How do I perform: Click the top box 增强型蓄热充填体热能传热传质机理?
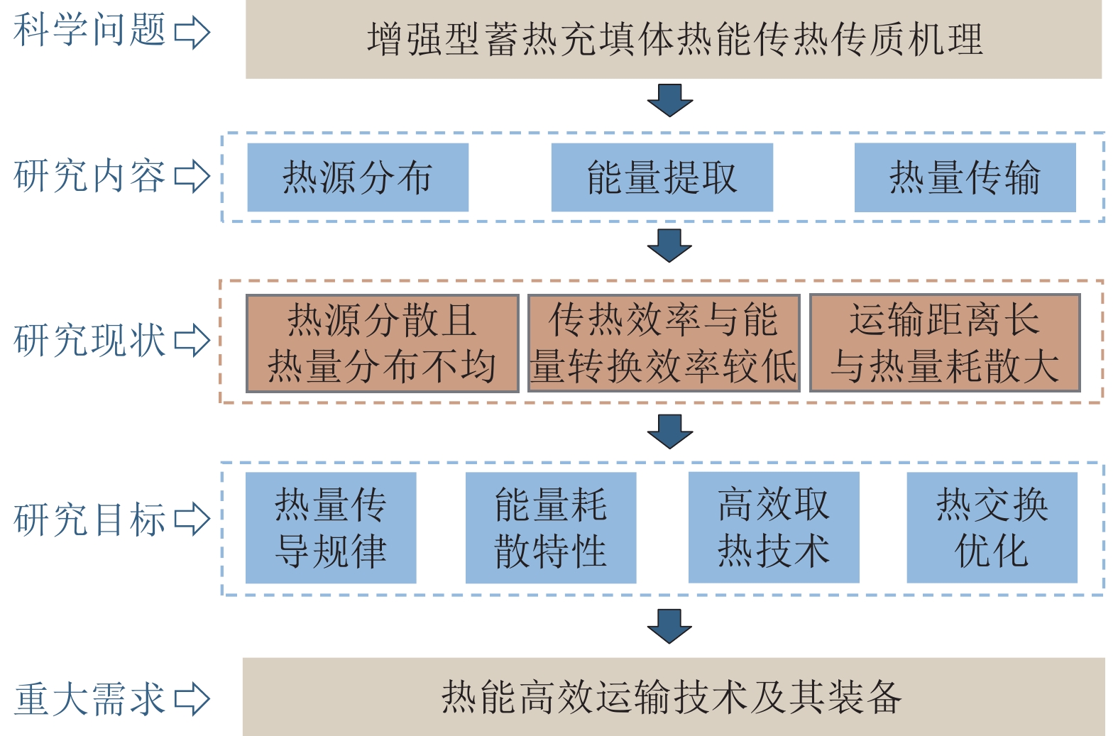[673, 40]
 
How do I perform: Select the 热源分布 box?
[358, 177]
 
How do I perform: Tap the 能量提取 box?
[662, 177]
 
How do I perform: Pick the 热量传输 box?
[965, 177]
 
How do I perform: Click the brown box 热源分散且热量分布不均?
[382, 344]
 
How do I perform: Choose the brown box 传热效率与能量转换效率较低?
[664, 344]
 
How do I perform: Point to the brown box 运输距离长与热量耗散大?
[945, 344]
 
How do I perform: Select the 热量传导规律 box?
[331, 528]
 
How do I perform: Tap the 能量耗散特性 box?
[551, 528]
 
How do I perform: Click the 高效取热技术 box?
[774, 528]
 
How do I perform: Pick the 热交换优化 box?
[992, 528]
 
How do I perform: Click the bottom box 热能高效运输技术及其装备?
[673, 697]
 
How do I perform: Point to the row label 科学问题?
[89, 31]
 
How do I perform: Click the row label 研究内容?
[89, 176]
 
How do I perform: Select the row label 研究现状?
[89, 340]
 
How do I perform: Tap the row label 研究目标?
[89, 519]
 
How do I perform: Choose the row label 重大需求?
[89, 698]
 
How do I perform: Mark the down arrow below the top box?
[669, 100]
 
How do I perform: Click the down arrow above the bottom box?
[669, 626]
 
